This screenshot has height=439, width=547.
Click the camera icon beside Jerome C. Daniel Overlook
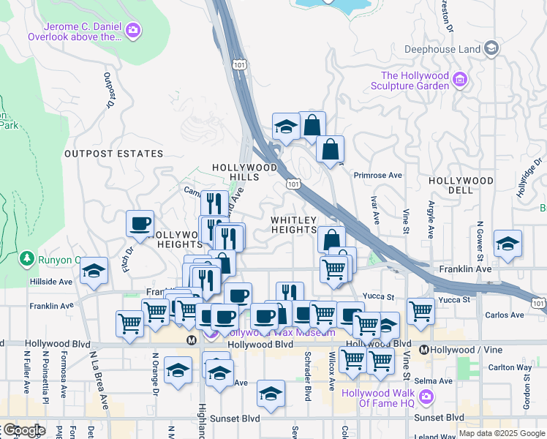pyautogui.click(x=133, y=29)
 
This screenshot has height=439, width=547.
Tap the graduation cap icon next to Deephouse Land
pyautogui.click(x=492, y=49)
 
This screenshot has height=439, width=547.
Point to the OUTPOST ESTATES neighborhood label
pyautogui.click(x=113, y=154)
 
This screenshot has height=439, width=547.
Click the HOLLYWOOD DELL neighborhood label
pyautogui.click(x=461, y=180)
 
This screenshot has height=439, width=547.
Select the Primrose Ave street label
pyautogui.click(x=378, y=176)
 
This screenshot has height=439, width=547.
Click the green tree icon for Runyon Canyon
pyautogui.click(x=27, y=258)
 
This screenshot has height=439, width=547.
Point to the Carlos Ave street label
pyautogui.click(x=505, y=315)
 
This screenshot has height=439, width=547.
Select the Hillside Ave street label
pyautogui.click(x=50, y=281)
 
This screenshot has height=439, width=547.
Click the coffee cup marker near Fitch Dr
pyautogui.click(x=140, y=224)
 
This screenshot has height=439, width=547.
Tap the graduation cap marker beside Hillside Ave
pyautogui.click(x=94, y=271)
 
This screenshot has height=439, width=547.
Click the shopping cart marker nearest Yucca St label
pyautogui.click(x=420, y=310)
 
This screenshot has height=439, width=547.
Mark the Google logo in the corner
pyautogui.click(x=23, y=430)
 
